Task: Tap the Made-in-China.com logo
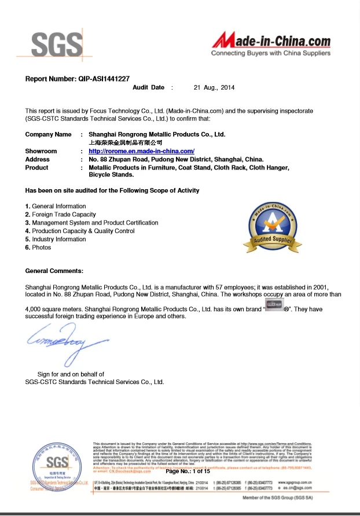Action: click(x=271, y=44)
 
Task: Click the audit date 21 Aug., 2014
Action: click(x=214, y=87)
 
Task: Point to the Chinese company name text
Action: click(x=125, y=142)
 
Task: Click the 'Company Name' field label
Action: click(x=48, y=134)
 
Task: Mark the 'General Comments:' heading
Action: click(x=54, y=271)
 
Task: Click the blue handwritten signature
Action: click(x=58, y=341)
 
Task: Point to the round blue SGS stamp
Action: click(x=57, y=466)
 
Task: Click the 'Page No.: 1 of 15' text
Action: click(x=188, y=471)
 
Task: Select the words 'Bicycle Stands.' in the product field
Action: click(x=111, y=174)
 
